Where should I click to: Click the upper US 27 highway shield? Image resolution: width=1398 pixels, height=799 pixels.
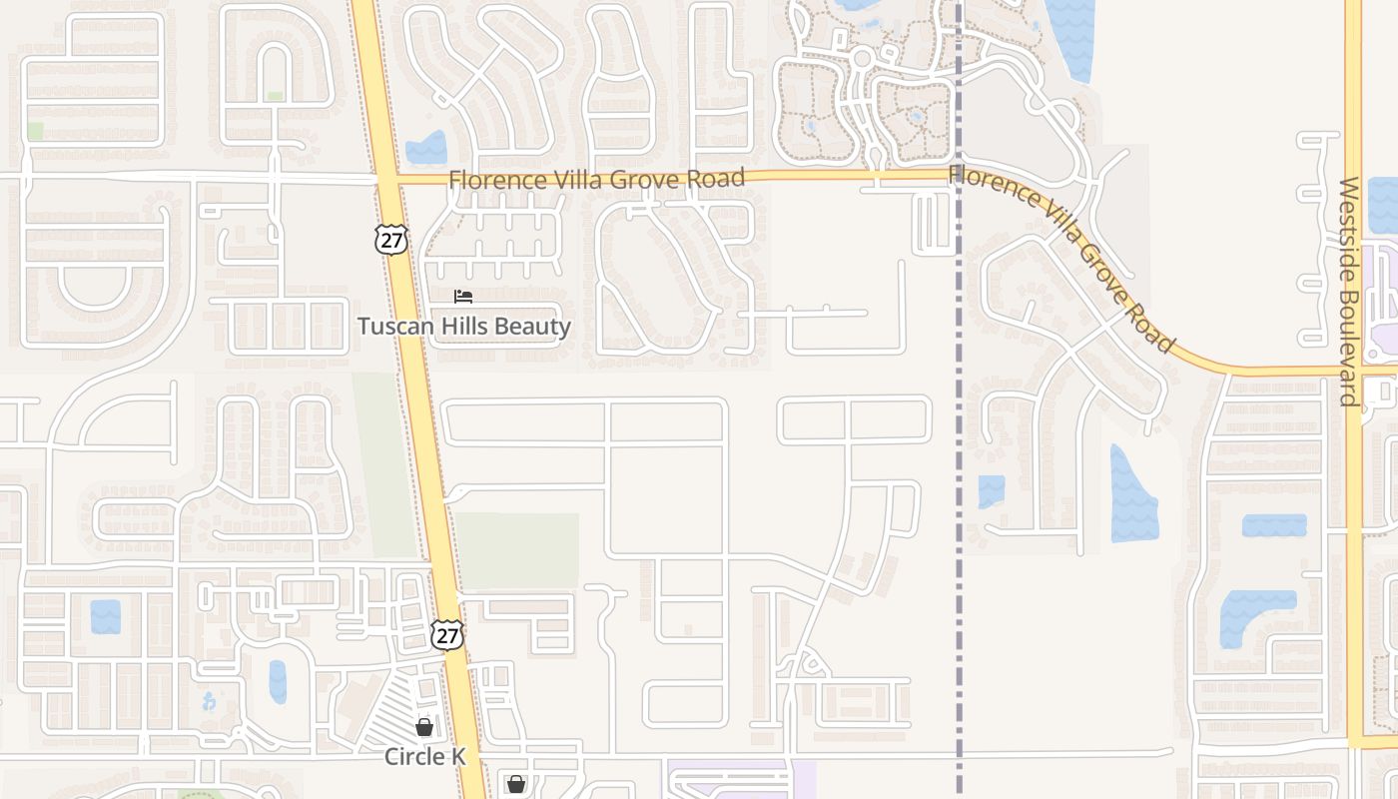click(x=391, y=239)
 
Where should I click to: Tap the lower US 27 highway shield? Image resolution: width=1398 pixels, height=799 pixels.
click(x=447, y=634)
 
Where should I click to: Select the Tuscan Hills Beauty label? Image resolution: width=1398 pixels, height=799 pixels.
click(x=464, y=327)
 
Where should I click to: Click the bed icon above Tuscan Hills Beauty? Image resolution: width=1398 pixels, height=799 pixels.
click(x=463, y=296)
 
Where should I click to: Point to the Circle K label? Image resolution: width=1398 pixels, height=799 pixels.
click(x=425, y=757)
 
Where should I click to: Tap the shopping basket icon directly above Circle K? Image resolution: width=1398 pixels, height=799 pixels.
click(x=424, y=727)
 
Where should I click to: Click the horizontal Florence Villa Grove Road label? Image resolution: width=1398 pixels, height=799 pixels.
click(x=596, y=180)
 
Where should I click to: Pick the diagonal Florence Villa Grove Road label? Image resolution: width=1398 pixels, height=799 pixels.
click(x=1061, y=258)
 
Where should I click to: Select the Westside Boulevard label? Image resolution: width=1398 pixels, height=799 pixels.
click(x=1349, y=292)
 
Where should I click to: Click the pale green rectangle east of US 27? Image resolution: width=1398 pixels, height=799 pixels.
click(x=518, y=550)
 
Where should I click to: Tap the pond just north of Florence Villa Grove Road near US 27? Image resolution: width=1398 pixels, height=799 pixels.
click(x=426, y=149)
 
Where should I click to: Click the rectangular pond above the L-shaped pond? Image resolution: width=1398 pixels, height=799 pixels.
click(x=1274, y=525)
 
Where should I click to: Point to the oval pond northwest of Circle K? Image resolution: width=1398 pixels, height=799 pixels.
click(x=278, y=682)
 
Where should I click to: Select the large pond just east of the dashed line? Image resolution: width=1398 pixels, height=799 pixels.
click(x=1132, y=495)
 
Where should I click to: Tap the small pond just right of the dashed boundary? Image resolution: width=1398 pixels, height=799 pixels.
click(x=992, y=490)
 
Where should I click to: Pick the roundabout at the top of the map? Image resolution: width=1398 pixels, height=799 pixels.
click(x=861, y=58)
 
